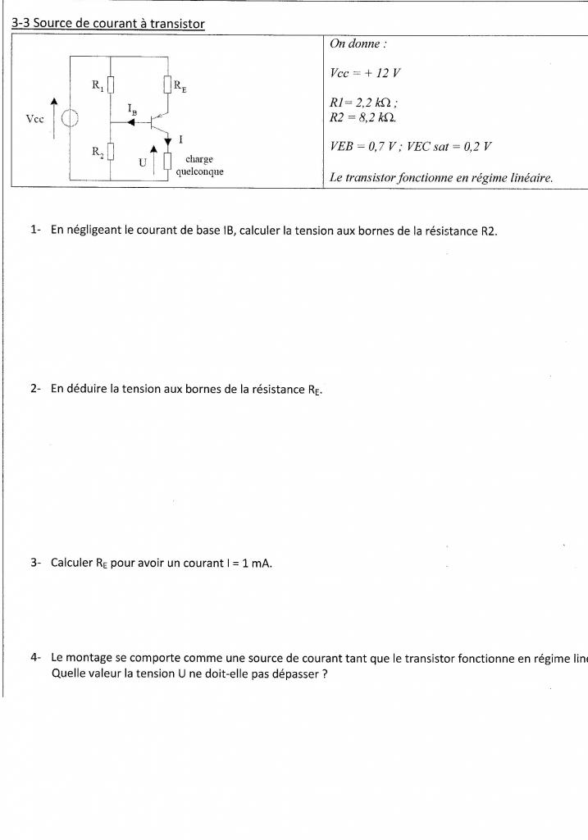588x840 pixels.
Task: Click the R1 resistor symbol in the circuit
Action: pyautogui.click(x=111, y=84)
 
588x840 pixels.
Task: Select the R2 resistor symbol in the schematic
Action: pyautogui.click(x=111, y=152)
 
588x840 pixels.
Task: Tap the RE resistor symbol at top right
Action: pyautogui.click(x=168, y=84)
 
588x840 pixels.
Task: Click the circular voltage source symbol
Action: pyautogui.click(x=71, y=119)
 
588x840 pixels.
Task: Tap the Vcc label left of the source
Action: pyautogui.click(x=34, y=119)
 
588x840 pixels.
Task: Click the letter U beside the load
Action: pyautogui.click(x=142, y=162)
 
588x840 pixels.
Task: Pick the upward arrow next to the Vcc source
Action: pyautogui.click(x=55, y=115)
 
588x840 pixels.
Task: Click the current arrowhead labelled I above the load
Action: pyautogui.click(x=168, y=142)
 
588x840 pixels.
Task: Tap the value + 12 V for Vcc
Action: pyautogui.click(x=378, y=72)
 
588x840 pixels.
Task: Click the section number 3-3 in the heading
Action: pyautogui.click(x=21, y=24)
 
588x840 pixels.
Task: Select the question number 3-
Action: pyautogui.click(x=36, y=563)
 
